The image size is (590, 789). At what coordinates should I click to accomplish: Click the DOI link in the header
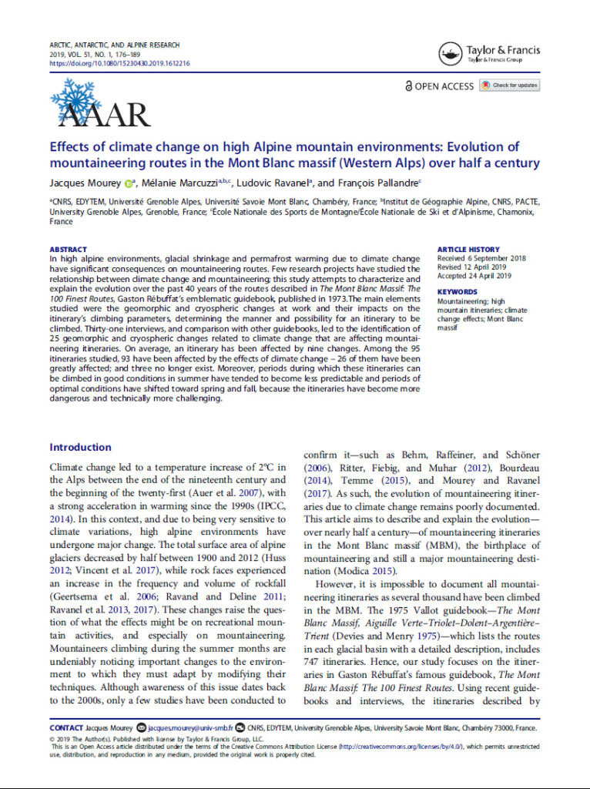(119, 64)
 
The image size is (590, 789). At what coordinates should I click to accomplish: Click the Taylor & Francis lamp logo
(451, 54)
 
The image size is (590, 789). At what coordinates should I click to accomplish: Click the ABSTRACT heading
(68, 250)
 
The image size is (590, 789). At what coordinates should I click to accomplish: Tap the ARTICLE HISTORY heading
(468, 250)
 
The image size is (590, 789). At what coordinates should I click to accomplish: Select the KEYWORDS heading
(457, 292)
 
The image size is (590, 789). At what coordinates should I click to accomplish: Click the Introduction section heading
(80, 447)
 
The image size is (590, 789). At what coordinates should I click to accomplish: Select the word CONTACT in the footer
(66, 727)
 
